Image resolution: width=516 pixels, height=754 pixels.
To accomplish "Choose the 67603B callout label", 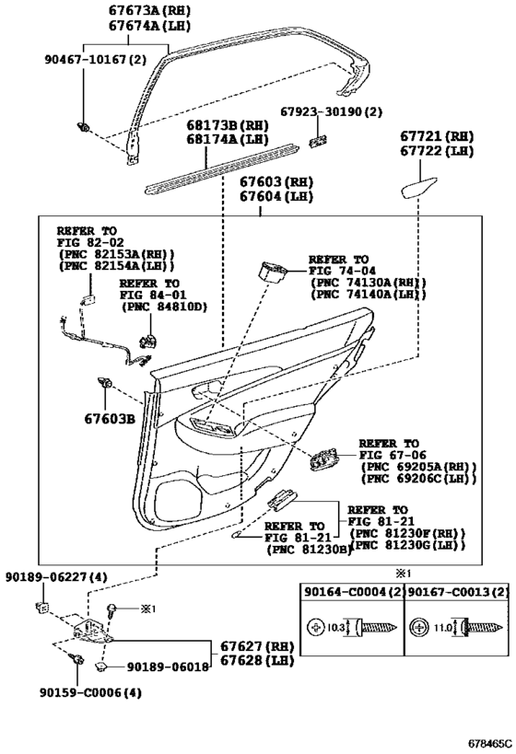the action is [110, 419].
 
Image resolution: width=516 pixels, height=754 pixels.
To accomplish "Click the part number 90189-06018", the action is [168, 667].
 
